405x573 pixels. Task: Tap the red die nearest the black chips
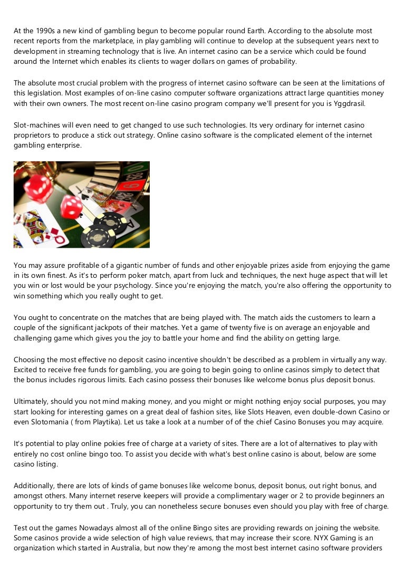72,206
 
